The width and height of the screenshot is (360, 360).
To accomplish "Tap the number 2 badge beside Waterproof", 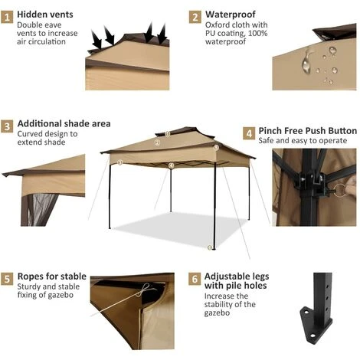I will click(195, 15).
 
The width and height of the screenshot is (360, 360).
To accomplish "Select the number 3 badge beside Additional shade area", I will click(8, 125).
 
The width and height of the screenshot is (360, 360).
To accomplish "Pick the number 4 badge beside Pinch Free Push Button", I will click(249, 133).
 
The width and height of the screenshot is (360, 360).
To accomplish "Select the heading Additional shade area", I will click(64, 123).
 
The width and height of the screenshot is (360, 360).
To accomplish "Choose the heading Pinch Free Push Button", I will click(307, 131).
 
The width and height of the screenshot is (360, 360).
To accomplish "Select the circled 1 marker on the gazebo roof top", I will click(168, 133).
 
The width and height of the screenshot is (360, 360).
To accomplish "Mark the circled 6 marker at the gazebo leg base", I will click(211, 247).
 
